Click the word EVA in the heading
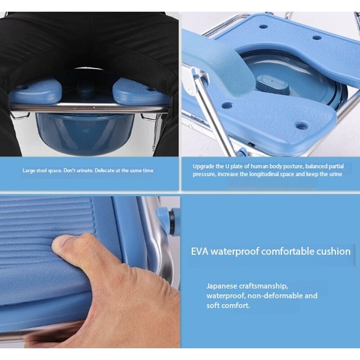click(199, 251)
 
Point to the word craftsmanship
click(265, 286)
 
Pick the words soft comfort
click(228, 306)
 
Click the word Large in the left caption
click(29, 171)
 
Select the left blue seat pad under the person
click(36, 92)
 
